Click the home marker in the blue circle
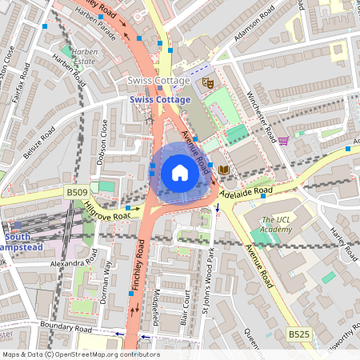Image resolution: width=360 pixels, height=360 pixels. [x=180, y=172]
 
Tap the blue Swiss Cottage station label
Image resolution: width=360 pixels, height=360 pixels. [x=160, y=100]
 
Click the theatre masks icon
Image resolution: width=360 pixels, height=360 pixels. [x=208, y=82]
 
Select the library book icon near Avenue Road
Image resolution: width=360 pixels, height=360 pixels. [x=224, y=170]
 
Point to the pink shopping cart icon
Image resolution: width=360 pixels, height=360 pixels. [x=283, y=141]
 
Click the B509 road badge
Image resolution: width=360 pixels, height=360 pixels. [x=76, y=193]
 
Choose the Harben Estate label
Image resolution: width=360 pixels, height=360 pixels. [x=85, y=56]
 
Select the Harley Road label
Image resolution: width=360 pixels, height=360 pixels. [x=345, y=240]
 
